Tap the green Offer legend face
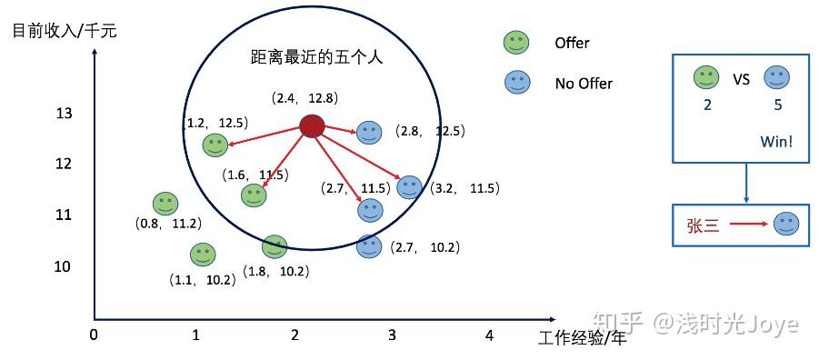point(517,42)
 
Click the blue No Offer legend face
point(517,83)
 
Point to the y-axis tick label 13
point(64,114)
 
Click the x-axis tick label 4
point(489,335)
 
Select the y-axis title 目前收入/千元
point(65,30)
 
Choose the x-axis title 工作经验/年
point(582,339)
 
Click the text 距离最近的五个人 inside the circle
point(317,56)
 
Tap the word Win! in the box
point(777,142)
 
